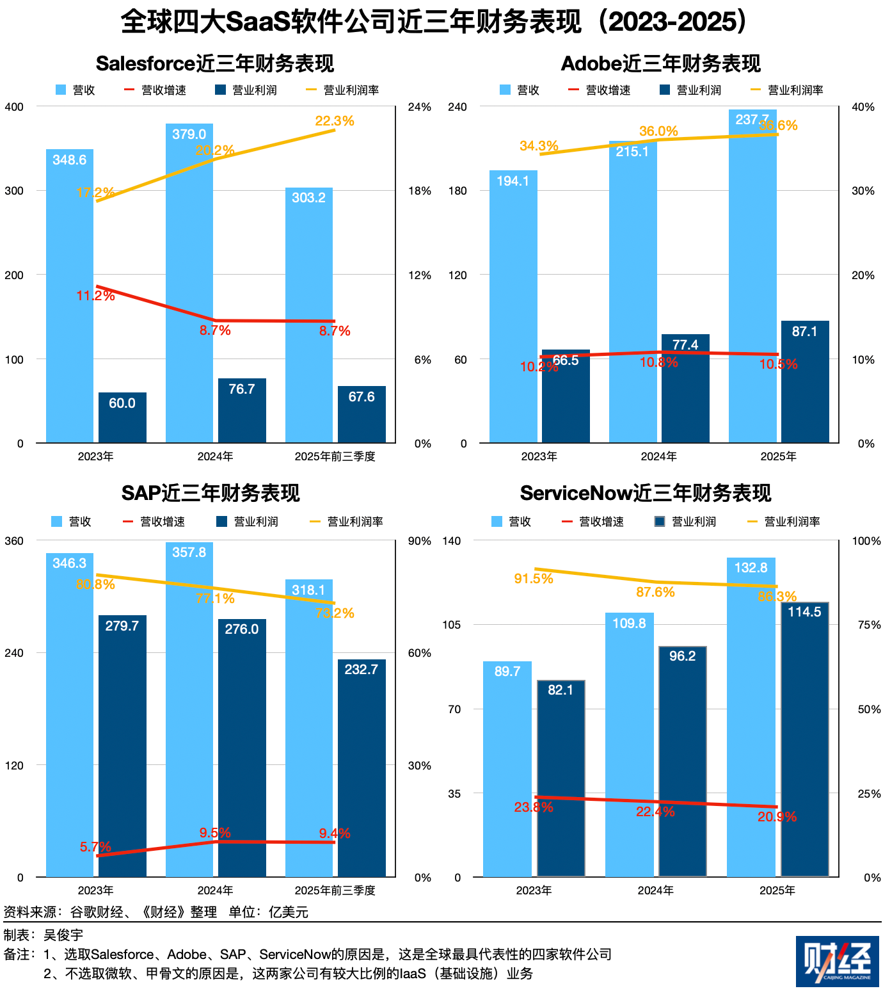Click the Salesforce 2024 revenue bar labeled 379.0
click(189, 282)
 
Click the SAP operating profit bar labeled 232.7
click(362, 768)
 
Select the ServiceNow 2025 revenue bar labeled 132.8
click(751, 717)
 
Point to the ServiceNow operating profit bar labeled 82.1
click(561, 778)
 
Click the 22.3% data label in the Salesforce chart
click(335, 121)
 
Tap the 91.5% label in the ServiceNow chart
click(534, 579)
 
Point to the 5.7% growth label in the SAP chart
click(95, 847)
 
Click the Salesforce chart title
click(215, 63)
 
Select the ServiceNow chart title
click(646, 493)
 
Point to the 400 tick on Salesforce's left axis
click(14, 107)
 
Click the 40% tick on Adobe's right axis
click(863, 107)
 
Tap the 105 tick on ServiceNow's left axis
click(452, 624)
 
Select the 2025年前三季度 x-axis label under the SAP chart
click(335, 890)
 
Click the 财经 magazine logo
click(837, 961)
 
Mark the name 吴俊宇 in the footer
click(63, 935)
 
